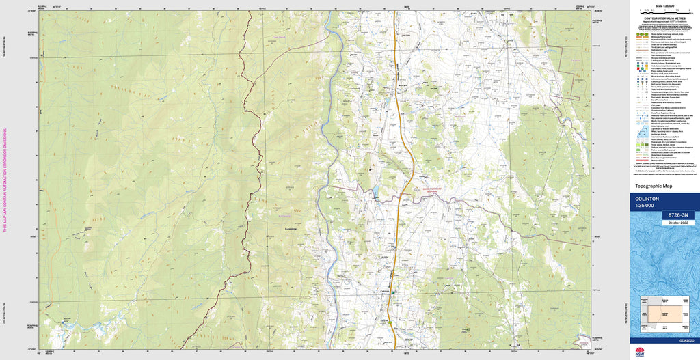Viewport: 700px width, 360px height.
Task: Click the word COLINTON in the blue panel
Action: tap(647, 198)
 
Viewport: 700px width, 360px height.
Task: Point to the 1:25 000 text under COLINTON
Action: tap(645, 206)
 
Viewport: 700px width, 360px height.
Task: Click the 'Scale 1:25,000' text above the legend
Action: tap(664, 6)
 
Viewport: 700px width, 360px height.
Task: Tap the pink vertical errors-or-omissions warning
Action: tap(5, 180)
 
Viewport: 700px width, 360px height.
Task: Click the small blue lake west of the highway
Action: tap(374, 191)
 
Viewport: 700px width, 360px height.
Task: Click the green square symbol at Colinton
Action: tap(392, 292)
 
